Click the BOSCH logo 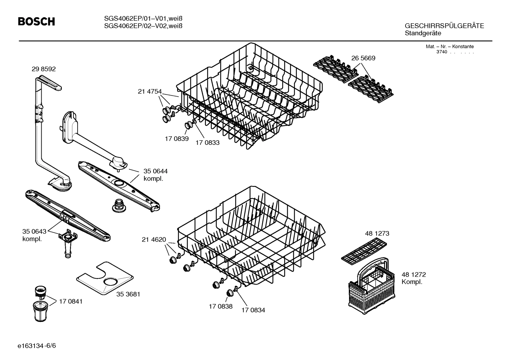(36, 22)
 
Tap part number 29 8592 (43, 69)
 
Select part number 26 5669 (363, 58)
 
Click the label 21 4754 (149, 92)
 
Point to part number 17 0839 (176, 139)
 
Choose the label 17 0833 (208, 143)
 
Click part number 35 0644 (155, 171)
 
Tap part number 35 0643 (34, 231)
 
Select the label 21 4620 (154, 240)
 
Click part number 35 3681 (128, 294)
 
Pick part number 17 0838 (221, 306)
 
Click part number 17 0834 (253, 310)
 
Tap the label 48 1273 (377, 234)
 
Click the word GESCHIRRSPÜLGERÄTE (444, 26)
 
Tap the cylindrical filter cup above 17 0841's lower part (41, 292)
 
